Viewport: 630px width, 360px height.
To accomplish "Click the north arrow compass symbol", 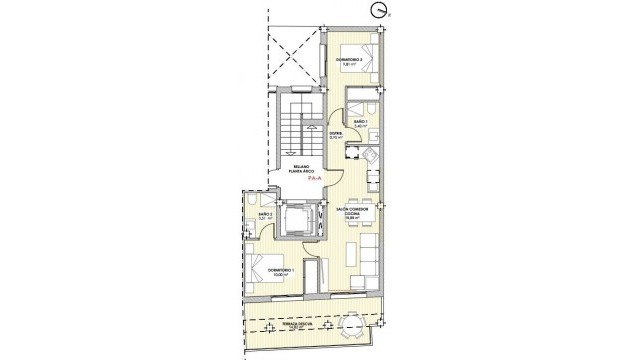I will [x=377, y=11].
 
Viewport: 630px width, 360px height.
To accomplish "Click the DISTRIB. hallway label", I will [x=336, y=135].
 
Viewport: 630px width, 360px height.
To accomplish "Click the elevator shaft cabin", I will [x=298, y=219].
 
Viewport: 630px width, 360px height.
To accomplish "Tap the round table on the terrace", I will [x=353, y=327].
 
